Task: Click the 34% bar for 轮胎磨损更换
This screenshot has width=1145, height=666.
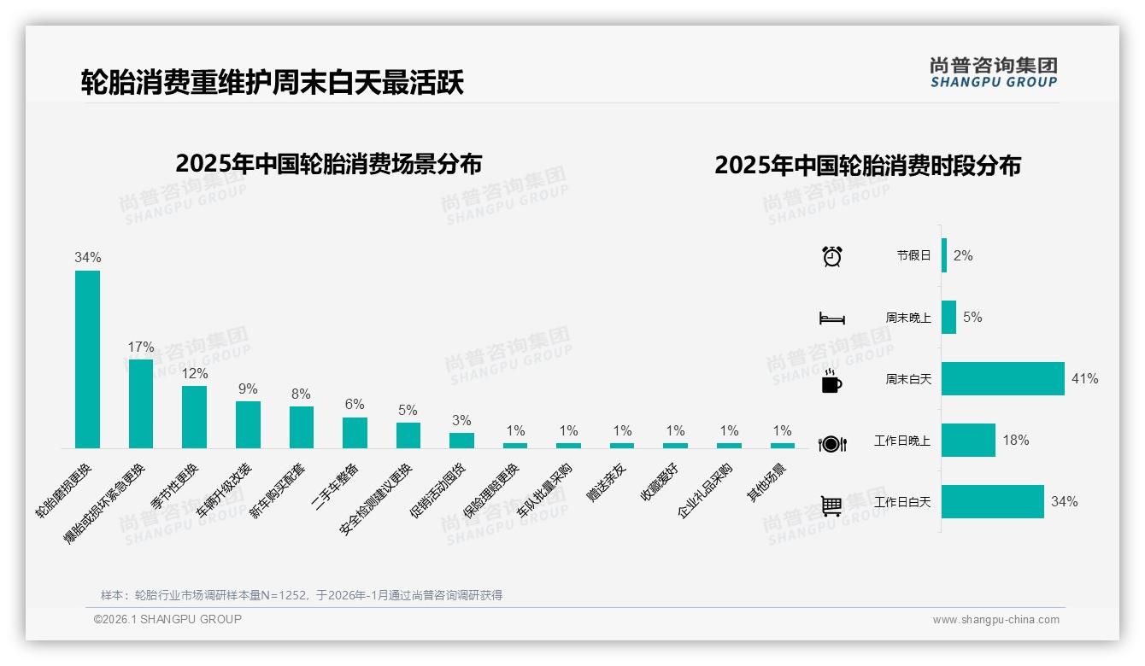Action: (87, 359)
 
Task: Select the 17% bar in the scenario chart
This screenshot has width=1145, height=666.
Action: (141, 403)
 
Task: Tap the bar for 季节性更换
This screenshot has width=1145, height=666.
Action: (194, 417)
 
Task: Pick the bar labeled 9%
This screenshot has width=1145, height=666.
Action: (248, 424)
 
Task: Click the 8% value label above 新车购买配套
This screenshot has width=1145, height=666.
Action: (301, 394)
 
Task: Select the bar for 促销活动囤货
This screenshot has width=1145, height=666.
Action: (461, 440)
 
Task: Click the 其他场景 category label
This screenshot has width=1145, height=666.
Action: (767, 483)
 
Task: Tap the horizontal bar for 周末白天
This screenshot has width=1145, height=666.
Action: (1003, 378)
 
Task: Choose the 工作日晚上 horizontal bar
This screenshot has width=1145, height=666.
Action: (968, 440)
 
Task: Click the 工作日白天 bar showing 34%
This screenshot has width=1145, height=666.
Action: (993, 501)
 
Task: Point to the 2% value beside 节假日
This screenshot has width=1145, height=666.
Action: (963, 255)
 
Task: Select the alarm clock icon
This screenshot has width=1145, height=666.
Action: (832, 255)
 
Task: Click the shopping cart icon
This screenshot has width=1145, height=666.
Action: (831, 505)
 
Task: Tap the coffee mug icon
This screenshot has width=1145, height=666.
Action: (831, 381)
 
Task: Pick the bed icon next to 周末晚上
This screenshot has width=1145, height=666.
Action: (831, 318)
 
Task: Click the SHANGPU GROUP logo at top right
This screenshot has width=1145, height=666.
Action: (993, 72)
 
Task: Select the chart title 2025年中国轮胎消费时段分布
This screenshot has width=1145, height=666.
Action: (867, 166)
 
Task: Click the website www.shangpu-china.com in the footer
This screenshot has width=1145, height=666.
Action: (995, 620)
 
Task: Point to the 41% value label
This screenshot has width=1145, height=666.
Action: (1084, 378)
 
